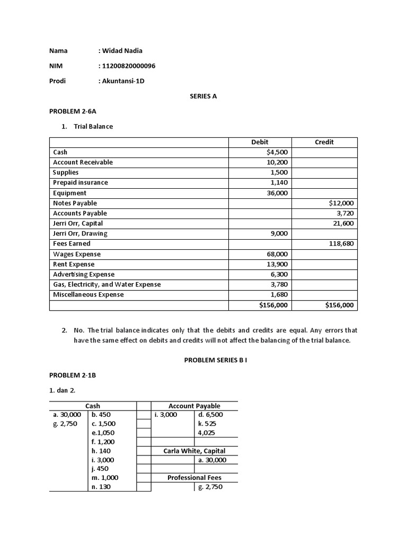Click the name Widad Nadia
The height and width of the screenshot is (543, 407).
[122, 51]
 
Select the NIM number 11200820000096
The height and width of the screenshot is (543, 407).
[128, 66]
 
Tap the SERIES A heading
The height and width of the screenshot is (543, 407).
[203, 97]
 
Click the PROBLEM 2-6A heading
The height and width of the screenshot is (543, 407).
[73, 112]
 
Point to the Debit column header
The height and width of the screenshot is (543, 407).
[260, 142]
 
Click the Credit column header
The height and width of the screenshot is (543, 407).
[324, 142]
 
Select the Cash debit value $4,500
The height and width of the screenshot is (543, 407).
[277, 152]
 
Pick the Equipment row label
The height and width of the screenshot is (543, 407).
[69, 193]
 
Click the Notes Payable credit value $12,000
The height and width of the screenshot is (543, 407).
[341, 203]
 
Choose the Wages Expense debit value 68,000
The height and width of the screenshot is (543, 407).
[277, 254]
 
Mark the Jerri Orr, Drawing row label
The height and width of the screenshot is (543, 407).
[80, 233]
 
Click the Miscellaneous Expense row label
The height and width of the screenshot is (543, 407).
[89, 295]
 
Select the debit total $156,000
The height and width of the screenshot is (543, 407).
[273, 305]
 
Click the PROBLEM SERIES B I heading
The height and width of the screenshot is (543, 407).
[216, 360]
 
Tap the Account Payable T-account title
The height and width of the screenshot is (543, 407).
[194, 406]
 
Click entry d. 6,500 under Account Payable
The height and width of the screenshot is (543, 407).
[210, 415]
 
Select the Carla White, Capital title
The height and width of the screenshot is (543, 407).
[194, 451]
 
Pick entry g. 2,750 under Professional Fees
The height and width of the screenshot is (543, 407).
[210, 487]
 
